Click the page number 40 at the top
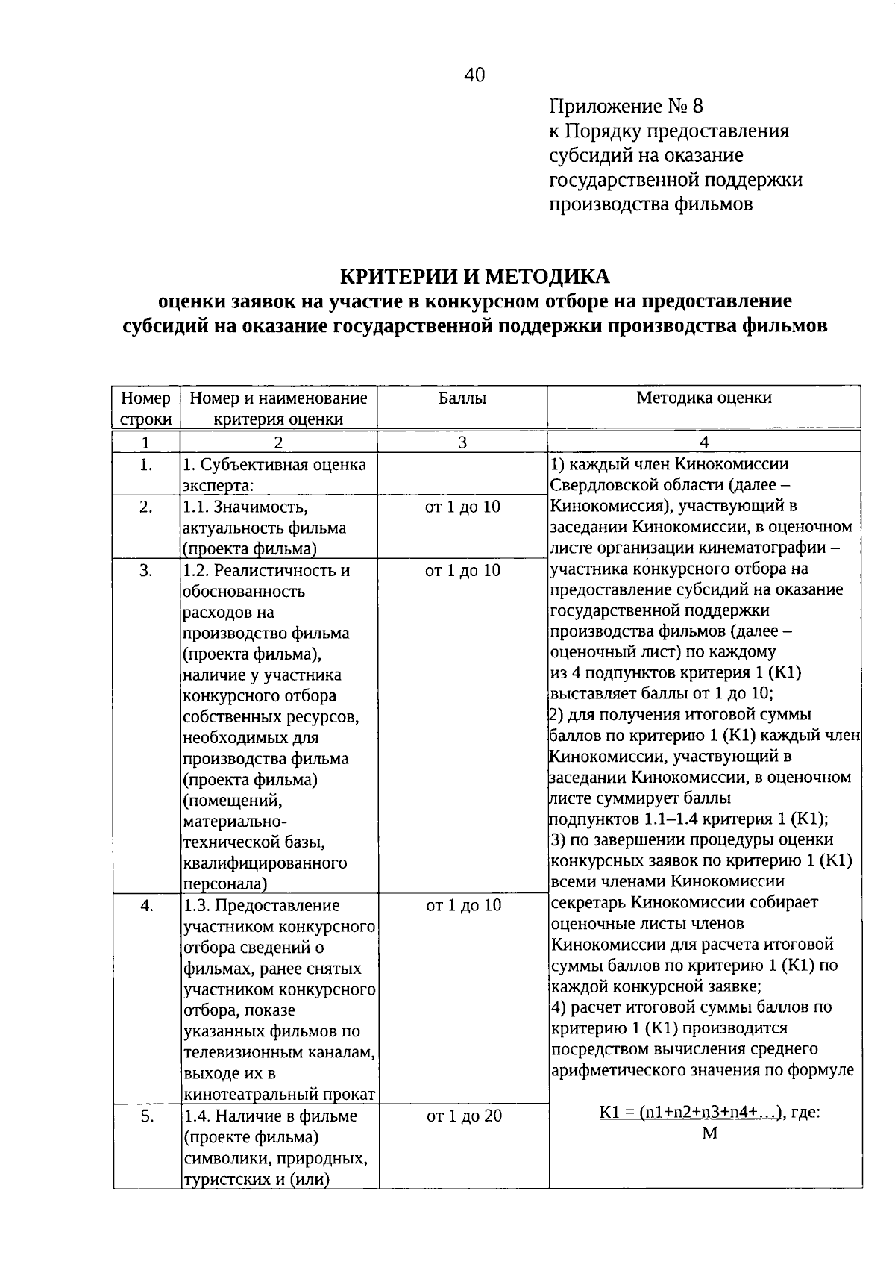coord(474,75)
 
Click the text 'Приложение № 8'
coord(626,107)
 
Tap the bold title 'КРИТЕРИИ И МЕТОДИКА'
coord(475,277)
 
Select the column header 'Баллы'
coord(462,398)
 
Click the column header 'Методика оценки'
coord(704,398)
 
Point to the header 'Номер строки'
coord(146,408)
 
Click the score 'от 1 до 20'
coord(463,1116)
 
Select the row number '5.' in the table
coord(146,1116)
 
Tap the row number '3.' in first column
coord(146,571)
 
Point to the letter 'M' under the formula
coord(709,1133)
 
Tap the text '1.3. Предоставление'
coord(261,906)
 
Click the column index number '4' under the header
coord(704,442)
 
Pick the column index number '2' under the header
coord(278,442)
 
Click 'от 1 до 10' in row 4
coord(463,906)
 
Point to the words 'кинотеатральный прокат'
coord(278,1095)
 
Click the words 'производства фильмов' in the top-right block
coord(650,204)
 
